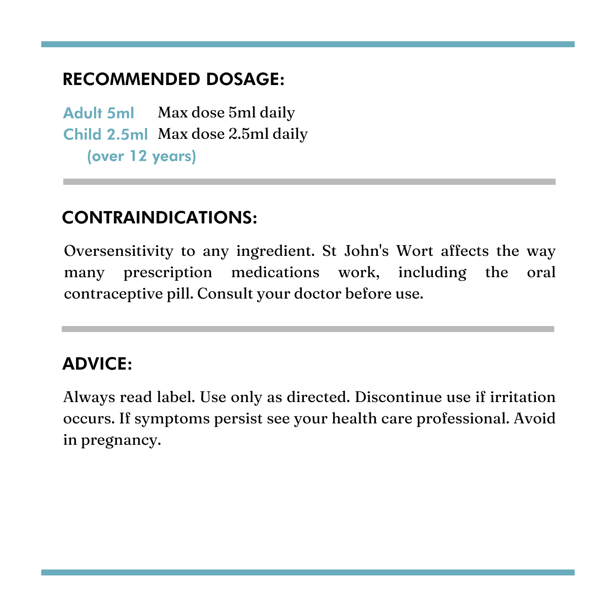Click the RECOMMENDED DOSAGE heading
pos(173,79)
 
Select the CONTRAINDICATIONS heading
pos(160,218)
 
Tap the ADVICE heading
pos(97,364)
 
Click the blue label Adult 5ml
pos(99,113)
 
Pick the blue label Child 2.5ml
pos(106,135)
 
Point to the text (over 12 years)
pos(142,156)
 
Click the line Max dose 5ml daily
pos(226,113)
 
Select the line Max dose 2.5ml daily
pos(233,134)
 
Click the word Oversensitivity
pos(119,251)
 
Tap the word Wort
pos(414,251)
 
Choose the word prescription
pos(168,272)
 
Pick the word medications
pos(275,272)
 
